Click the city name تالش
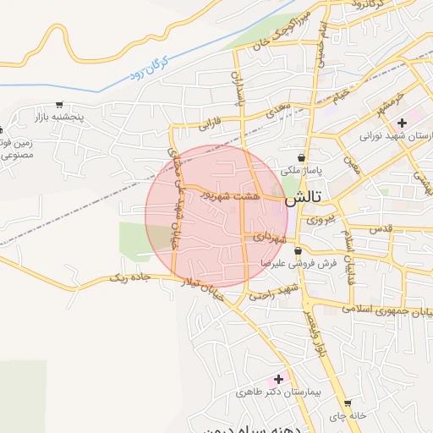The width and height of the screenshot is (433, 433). (303, 200)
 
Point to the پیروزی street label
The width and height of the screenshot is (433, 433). (319, 219)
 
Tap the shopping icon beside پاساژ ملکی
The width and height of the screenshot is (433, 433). (302, 157)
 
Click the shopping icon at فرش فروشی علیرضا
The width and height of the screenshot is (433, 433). (299, 250)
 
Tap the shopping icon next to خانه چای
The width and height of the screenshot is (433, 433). (347, 403)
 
